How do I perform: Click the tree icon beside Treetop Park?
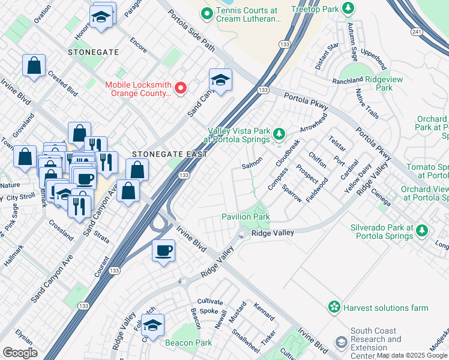347,8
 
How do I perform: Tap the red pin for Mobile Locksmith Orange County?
179,89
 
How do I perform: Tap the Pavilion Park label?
246,217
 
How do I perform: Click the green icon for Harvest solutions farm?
334,307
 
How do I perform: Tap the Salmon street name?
252,165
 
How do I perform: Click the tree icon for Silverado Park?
423,230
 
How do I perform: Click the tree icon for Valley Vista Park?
278,133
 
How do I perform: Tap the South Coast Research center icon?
342,343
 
